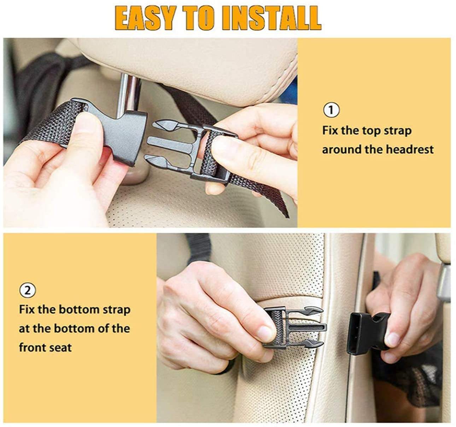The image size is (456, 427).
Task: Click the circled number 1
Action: click(x=331, y=110)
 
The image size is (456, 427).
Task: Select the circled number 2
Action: click(x=28, y=291)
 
